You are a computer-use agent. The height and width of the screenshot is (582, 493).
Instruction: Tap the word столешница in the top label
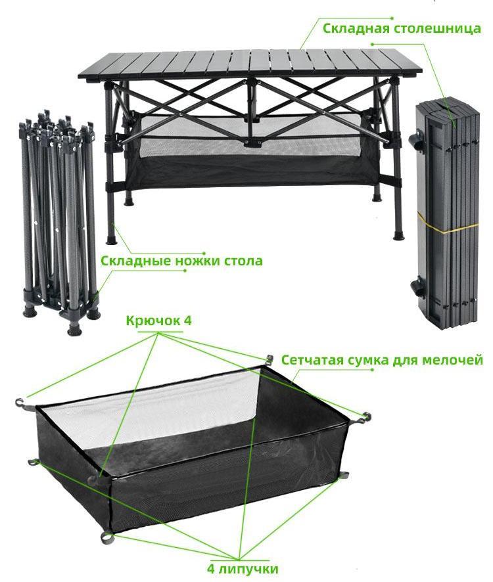[437, 29]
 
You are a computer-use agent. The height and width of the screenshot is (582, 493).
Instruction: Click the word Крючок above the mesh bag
[153, 321]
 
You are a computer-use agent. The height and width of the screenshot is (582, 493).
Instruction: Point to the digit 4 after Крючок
[187, 321]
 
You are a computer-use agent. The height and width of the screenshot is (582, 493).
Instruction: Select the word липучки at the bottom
[248, 569]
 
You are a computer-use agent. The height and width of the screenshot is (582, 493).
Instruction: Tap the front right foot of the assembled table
[399, 235]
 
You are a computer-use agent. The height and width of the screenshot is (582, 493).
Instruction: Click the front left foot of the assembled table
[111, 239]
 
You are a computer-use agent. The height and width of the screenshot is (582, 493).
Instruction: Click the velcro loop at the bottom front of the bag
[107, 536]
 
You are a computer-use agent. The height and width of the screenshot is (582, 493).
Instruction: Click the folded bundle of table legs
[59, 222]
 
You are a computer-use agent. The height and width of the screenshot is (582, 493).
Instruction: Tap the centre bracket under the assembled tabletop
[249, 141]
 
